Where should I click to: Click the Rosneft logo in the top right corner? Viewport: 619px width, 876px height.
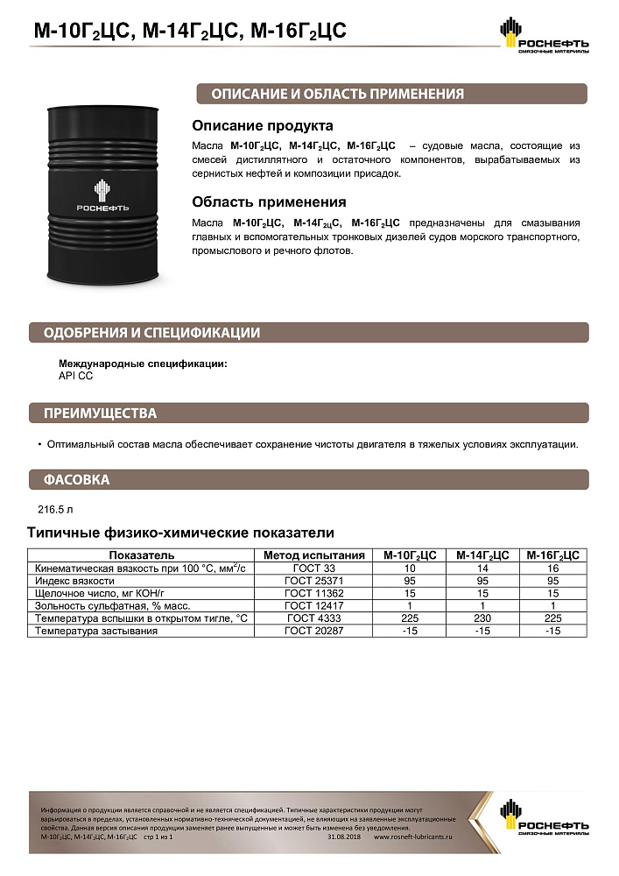[544, 37]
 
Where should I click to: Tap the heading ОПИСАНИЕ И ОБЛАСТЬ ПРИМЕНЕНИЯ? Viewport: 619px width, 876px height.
[331, 95]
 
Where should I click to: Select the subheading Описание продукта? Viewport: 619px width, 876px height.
[263, 126]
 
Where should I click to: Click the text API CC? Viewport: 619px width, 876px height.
[75, 375]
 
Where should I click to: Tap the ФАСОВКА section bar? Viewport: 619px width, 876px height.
[76, 480]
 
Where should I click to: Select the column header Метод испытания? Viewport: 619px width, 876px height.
[314, 555]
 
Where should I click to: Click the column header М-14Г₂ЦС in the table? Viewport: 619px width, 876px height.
[482, 555]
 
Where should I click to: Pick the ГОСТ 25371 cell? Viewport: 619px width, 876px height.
[314, 581]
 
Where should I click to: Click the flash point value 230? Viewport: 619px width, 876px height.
[482, 618]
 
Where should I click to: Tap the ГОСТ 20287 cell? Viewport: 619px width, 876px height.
[314, 631]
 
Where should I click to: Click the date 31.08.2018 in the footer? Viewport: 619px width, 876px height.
[342, 837]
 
